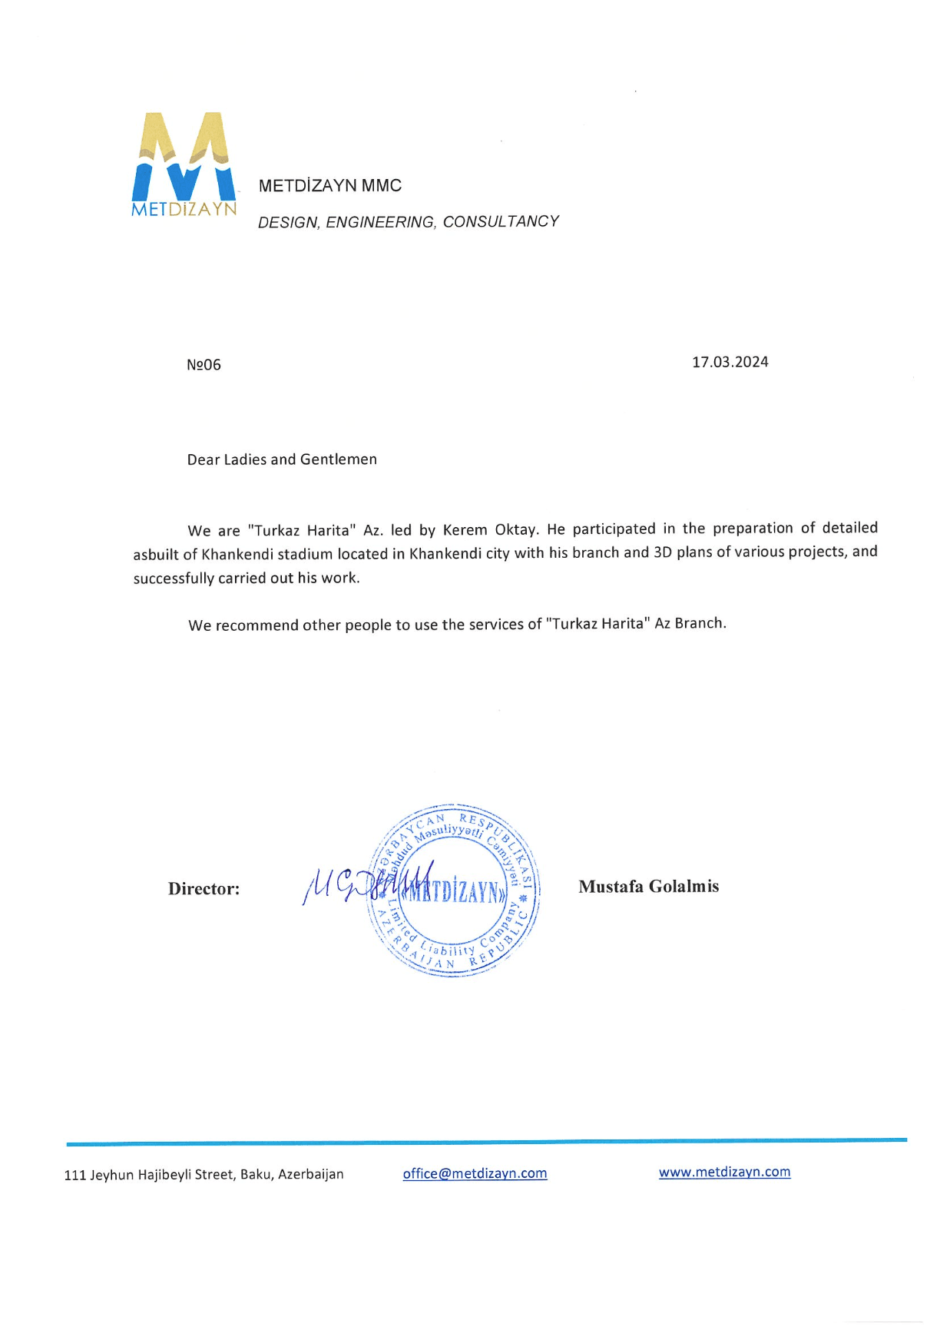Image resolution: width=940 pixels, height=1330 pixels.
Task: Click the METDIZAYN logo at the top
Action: pos(184,164)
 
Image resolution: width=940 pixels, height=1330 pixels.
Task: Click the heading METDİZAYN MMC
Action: pos(329,186)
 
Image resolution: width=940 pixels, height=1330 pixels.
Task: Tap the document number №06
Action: pos(204,365)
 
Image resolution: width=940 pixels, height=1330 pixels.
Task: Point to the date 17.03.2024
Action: pos(730,362)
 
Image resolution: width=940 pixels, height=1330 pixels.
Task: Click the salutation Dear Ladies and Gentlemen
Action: pos(282,459)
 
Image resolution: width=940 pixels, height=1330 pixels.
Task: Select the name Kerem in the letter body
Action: pos(465,529)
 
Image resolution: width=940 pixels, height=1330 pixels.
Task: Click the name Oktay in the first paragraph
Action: pos(516,529)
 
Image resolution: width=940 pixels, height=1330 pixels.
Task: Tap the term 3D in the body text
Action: pos(663,552)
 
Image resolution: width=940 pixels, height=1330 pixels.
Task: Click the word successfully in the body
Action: pos(174,579)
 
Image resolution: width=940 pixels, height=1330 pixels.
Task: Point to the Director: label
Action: pos(204,889)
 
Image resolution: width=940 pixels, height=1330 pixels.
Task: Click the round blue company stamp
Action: pos(455,891)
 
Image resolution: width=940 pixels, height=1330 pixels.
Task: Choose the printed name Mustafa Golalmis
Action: pos(648,887)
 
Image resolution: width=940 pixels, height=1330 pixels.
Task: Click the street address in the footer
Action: pos(204,1175)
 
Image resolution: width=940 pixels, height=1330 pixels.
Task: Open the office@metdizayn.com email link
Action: pos(475,1173)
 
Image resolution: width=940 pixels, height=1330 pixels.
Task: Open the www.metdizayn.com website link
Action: pos(724,1172)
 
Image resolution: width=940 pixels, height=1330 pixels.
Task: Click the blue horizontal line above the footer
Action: pos(486,1142)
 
